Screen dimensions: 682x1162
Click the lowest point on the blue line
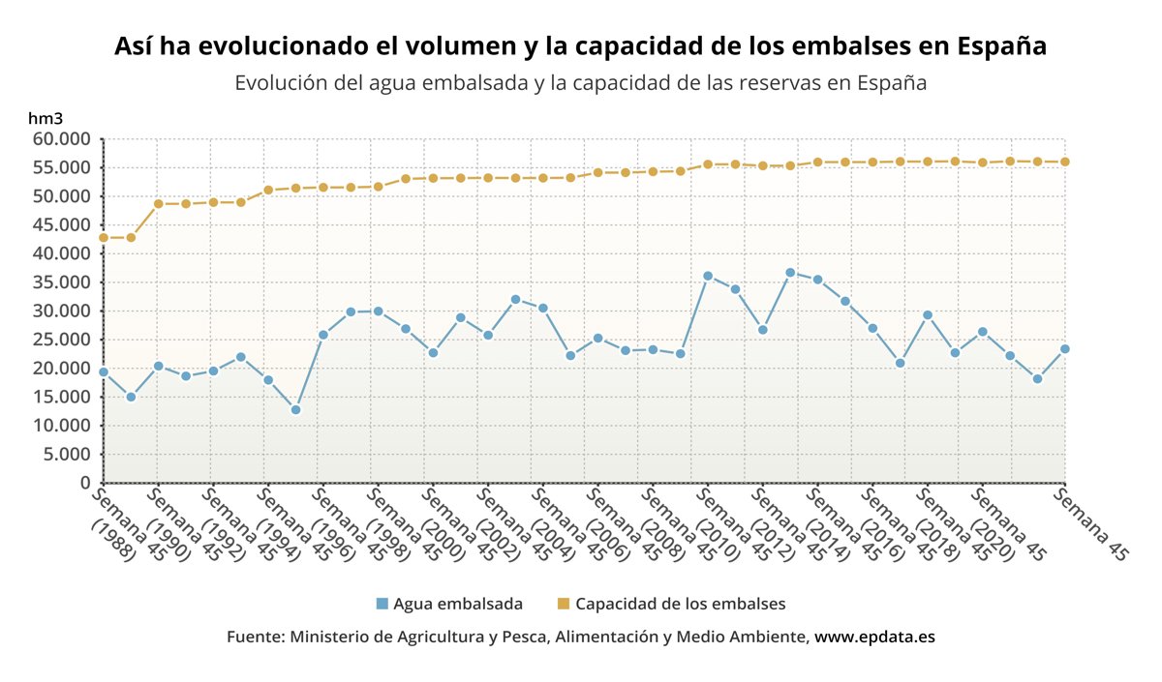(x=295, y=409)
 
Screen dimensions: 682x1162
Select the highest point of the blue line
(x=790, y=273)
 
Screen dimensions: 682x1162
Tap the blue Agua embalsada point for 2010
(x=708, y=276)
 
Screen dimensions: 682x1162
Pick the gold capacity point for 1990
(x=158, y=204)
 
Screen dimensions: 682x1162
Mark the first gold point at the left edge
(x=104, y=237)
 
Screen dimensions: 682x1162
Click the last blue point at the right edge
(x=1065, y=349)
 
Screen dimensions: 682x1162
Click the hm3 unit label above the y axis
(x=46, y=118)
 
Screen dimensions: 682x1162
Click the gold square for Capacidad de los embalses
(x=564, y=604)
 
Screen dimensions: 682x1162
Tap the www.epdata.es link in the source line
(x=874, y=638)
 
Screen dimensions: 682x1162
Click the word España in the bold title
(x=1000, y=45)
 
